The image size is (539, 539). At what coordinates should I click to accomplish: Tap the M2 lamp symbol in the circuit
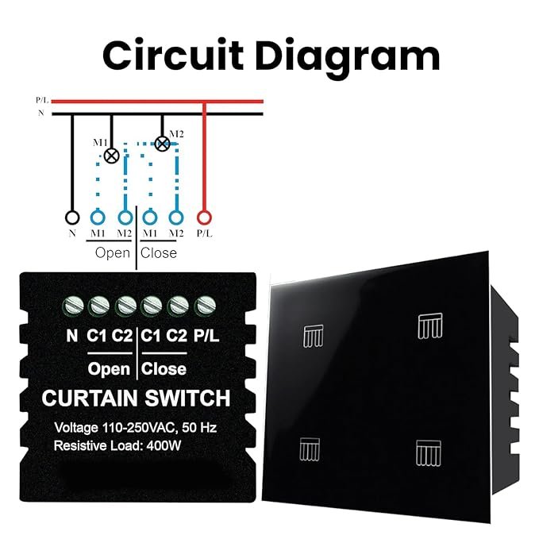[x=162, y=144]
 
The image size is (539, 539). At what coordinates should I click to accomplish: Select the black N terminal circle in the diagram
[x=72, y=217]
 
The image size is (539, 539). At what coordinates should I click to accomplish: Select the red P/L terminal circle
[x=205, y=217]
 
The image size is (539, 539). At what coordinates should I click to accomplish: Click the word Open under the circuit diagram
[x=112, y=253]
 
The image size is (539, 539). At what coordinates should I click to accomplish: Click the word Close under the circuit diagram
[x=159, y=253]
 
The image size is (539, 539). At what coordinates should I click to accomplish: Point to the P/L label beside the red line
[x=42, y=101]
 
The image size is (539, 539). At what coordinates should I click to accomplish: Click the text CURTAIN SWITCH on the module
[x=136, y=398]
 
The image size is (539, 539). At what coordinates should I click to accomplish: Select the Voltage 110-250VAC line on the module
[x=135, y=427]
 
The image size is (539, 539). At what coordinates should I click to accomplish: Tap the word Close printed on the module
[x=164, y=369]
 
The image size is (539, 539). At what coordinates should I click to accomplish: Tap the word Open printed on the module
[x=109, y=369]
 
